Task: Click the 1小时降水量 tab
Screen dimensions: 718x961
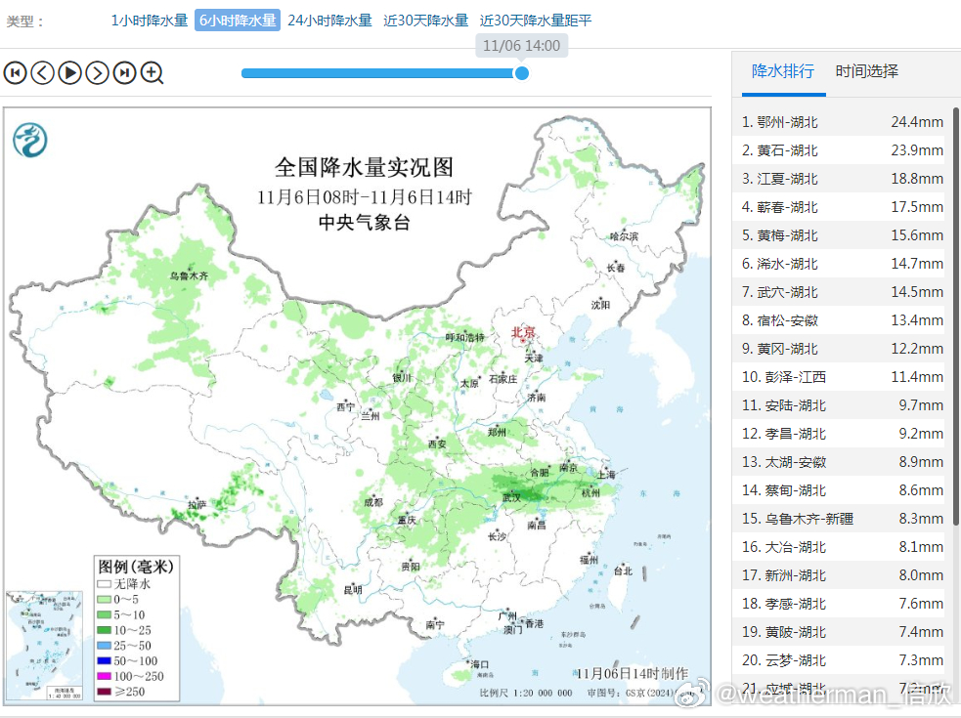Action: [149, 21]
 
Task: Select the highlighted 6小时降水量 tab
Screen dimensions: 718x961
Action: [238, 21]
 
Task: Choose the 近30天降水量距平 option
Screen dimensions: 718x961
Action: [536, 21]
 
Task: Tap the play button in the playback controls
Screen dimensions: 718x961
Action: [69, 72]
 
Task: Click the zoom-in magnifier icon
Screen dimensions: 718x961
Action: [152, 72]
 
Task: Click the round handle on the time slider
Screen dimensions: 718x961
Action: [522, 73]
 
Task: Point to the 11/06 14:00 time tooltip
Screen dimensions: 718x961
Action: [521, 46]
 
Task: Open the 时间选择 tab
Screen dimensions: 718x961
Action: [866, 71]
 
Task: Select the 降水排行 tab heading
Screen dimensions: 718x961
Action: [782, 71]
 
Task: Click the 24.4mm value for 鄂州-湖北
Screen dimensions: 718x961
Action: [916, 122]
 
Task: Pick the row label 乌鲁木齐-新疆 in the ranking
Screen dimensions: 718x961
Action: [797, 519]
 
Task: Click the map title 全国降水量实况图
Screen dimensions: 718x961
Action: [364, 167]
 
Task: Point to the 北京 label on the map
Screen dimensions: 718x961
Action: [524, 333]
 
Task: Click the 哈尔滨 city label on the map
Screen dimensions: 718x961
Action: [623, 236]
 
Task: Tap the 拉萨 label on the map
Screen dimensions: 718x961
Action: [197, 505]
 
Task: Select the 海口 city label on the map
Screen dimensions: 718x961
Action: [479, 664]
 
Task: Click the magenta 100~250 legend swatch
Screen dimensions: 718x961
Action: [104, 677]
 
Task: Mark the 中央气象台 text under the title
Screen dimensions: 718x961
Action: [364, 223]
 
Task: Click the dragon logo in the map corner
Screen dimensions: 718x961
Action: [30, 140]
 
